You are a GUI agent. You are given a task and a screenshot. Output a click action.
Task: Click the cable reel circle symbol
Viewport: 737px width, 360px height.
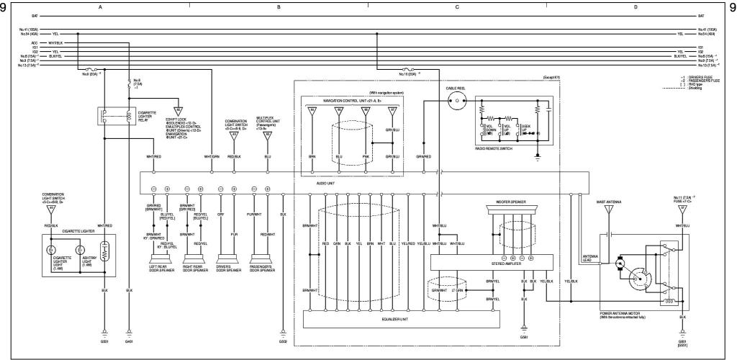point(454,102)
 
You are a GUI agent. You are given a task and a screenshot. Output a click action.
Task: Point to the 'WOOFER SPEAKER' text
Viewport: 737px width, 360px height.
point(511,204)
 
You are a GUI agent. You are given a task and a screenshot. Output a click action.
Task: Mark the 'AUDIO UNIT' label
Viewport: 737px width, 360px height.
point(326,183)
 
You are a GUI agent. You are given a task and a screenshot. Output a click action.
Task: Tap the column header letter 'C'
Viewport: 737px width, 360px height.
point(457,6)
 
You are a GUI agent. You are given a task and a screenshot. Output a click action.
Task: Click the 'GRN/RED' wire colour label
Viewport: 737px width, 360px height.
point(424,156)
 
